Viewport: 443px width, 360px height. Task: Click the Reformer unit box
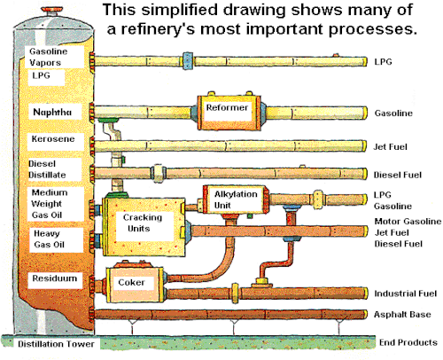pos(229,113)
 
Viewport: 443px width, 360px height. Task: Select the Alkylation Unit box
pos(236,200)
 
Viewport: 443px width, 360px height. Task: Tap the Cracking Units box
pos(144,226)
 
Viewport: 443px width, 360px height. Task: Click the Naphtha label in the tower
pos(52,112)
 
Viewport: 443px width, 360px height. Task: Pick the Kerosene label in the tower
pos(53,138)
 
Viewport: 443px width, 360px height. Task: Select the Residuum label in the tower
pos(55,278)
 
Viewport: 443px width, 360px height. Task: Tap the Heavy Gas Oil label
pos(49,239)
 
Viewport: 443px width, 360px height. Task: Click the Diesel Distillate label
pos(47,169)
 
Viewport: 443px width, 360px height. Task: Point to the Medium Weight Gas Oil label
pos(50,204)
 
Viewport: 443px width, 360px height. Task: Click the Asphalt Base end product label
pos(402,314)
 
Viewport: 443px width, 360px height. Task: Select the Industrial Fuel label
pos(405,293)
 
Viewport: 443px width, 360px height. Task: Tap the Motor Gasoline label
pos(408,222)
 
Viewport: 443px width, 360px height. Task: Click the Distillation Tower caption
pos(56,344)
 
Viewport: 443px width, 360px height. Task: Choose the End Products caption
pos(408,342)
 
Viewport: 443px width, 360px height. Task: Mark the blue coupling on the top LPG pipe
pos(188,61)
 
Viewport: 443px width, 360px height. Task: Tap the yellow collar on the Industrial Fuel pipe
pos(235,293)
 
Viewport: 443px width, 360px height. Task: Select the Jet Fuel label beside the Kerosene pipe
pos(390,146)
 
